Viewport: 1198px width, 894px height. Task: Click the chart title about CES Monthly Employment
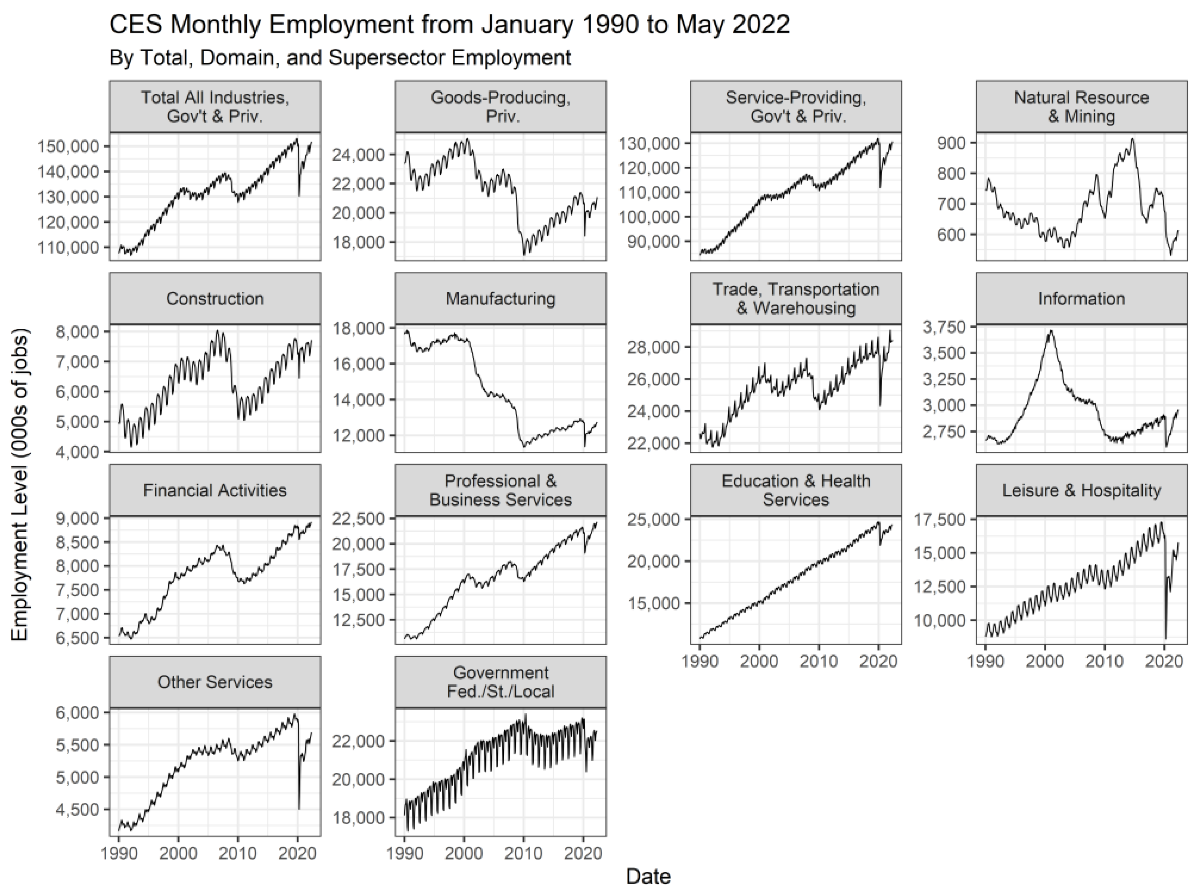[449, 25]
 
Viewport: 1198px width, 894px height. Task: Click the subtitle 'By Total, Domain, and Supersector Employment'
[340, 57]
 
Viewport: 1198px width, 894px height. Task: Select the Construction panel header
[215, 298]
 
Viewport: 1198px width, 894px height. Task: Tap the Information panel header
[1081, 298]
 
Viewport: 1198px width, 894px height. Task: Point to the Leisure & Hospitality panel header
[1081, 490]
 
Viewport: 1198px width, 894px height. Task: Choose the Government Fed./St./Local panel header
[500, 682]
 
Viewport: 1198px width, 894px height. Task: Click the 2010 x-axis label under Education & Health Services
[819, 661]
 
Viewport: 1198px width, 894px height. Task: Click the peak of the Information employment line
[1051, 331]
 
